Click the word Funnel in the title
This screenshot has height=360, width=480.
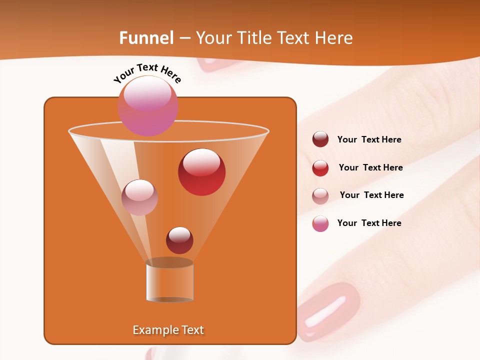pos(146,38)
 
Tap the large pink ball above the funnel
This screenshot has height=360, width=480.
pos(147,106)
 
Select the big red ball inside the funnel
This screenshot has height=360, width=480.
pos(201,172)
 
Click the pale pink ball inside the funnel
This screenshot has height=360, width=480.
pos(139,197)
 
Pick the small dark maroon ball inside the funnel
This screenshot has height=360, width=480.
pos(179,240)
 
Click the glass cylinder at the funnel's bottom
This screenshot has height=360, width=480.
pos(169,281)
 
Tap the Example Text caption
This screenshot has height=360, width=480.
pos(168,330)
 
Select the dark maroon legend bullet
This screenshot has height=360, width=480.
pos(320,139)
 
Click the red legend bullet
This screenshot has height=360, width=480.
pos(320,167)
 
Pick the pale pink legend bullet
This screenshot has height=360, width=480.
pos(320,195)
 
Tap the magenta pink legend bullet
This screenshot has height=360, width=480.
pos(320,223)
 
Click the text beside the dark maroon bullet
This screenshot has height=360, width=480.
pos(369,140)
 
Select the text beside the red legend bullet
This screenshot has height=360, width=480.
pos(370,168)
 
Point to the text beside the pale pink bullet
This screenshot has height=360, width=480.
pos(371,195)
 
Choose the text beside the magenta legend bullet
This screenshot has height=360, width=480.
pos(369,223)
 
